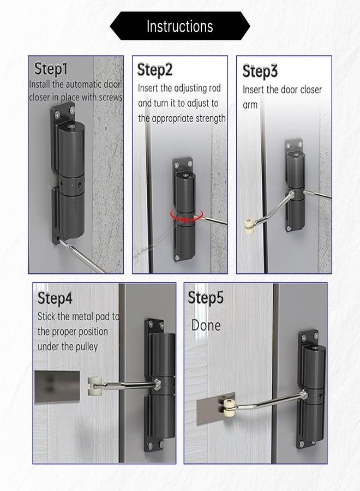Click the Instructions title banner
pyautogui.click(x=180, y=26)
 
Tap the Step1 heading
pyautogui.click(x=51, y=69)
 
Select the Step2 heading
pyautogui.click(x=155, y=69)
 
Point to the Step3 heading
pyautogui.click(x=260, y=71)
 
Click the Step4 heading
pyautogui.click(x=55, y=298)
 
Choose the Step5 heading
pyautogui.click(x=206, y=297)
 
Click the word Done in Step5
pyautogui.click(x=206, y=325)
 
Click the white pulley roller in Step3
pyautogui.click(x=249, y=224)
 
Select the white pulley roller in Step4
pyautogui.click(x=93, y=386)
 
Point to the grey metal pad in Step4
pyautogui.click(x=57, y=386)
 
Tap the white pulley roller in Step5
pyautogui.click(x=229, y=406)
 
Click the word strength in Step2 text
pyautogui.click(x=211, y=119)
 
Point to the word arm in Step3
pyautogui.click(x=250, y=105)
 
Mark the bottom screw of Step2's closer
pyautogui.click(x=177, y=258)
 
